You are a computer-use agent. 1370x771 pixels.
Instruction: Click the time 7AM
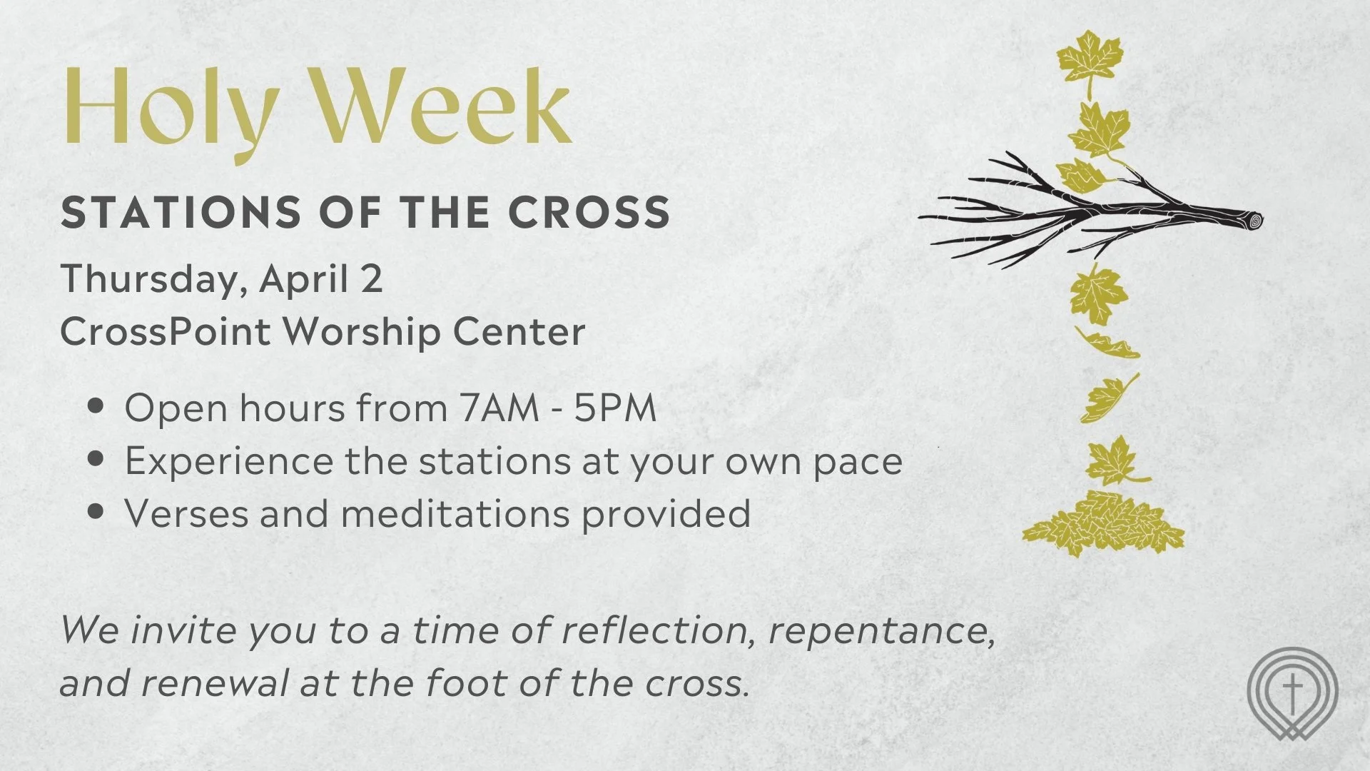pyautogui.click(x=499, y=408)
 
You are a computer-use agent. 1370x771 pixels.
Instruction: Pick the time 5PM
pyautogui.click(x=615, y=408)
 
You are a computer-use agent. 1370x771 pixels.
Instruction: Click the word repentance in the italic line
pyautogui.click(x=881, y=630)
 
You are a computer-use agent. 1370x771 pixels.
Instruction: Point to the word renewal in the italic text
pyautogui.click(x=214, y=682)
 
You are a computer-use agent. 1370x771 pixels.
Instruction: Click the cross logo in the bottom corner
pyautogui.click(x=1292, y=692)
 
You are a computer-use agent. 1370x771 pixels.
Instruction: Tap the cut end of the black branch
pyautogui.click(x=1254, y=221)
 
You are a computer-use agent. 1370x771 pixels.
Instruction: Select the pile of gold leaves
pyautogui.click(x=1102, y=523)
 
